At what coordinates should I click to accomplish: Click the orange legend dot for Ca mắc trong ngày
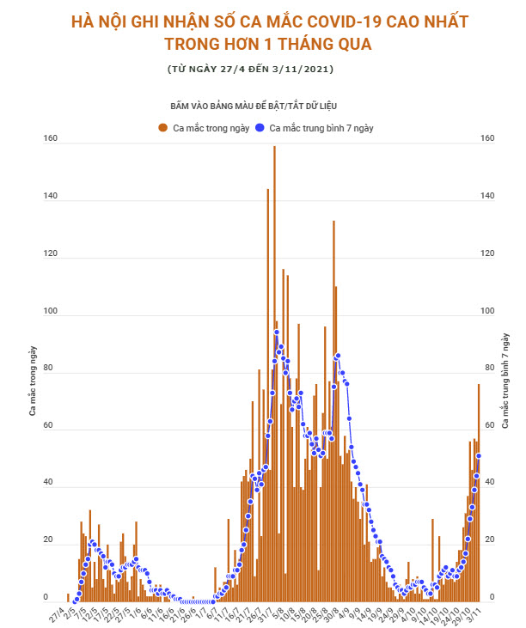(x=162, y=128)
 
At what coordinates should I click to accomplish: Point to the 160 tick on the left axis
(x=51, y=138)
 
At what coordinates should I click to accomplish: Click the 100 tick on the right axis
(x=488, y=312)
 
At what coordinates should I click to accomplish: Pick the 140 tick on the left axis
(x=51, y=197)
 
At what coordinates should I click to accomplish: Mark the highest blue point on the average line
(x=277, y=332)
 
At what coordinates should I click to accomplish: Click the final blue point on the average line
(x=478, y=456)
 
